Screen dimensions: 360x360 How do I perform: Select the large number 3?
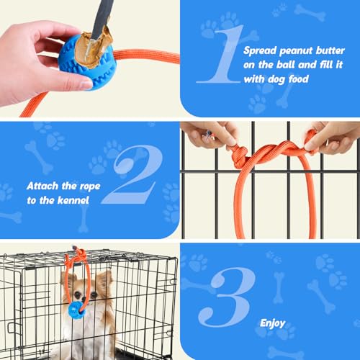point(227,297)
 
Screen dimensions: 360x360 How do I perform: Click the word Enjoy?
point(273,323)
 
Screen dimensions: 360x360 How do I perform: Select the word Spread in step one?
point(260,51)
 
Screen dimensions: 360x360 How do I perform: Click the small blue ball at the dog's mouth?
point(76,310)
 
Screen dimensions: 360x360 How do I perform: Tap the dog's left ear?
point(105,281)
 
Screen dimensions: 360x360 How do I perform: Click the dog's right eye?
point(77,294)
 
